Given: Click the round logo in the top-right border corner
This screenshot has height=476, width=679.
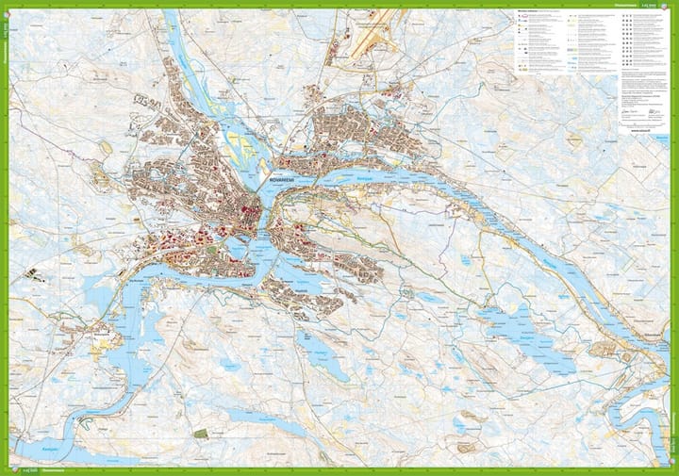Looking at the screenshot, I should pyautogui.click(x=671, y=6).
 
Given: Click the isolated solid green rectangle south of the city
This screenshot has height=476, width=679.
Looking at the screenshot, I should pyautogui.click(x=200, y=433).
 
